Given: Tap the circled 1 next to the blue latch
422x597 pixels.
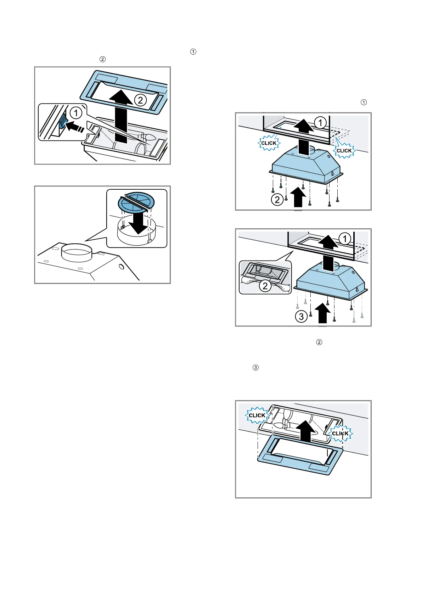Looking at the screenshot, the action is (75, 113).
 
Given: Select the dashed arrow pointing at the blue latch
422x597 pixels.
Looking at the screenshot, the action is (77, 126).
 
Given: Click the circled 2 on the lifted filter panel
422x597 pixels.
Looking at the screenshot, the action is (140, 100).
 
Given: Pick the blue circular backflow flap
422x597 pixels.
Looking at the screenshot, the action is (136, 202).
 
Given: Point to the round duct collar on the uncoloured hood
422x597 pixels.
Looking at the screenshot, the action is (77, 252).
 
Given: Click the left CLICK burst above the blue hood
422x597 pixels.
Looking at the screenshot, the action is (269, 143).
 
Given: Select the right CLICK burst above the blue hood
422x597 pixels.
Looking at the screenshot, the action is (344, 151).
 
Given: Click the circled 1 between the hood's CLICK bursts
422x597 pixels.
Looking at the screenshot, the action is (320, 123).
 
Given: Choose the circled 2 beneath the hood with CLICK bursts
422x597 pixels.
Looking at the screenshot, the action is (277, 200).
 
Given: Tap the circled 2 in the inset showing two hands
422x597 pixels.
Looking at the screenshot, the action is (265, 286).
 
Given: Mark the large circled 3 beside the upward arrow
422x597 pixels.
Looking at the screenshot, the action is (301, 316).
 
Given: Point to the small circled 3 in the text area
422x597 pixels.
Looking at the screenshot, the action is (255, 368).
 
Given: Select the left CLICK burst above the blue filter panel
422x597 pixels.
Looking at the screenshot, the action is (257, 415).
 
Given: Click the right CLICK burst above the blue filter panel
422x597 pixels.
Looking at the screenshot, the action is (340, 433).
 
